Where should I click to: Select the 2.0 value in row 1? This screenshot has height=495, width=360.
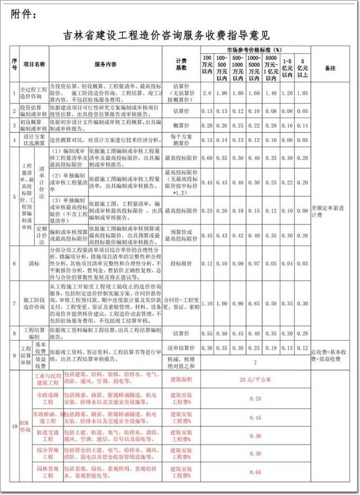pos(208,94)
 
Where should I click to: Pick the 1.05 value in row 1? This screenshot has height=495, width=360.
pos(302,94)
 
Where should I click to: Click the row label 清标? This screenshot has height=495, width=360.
pos(34,263)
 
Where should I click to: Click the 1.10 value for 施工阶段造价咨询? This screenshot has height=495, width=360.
pos(208,304)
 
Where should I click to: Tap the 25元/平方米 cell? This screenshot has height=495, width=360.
pos(255,379)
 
